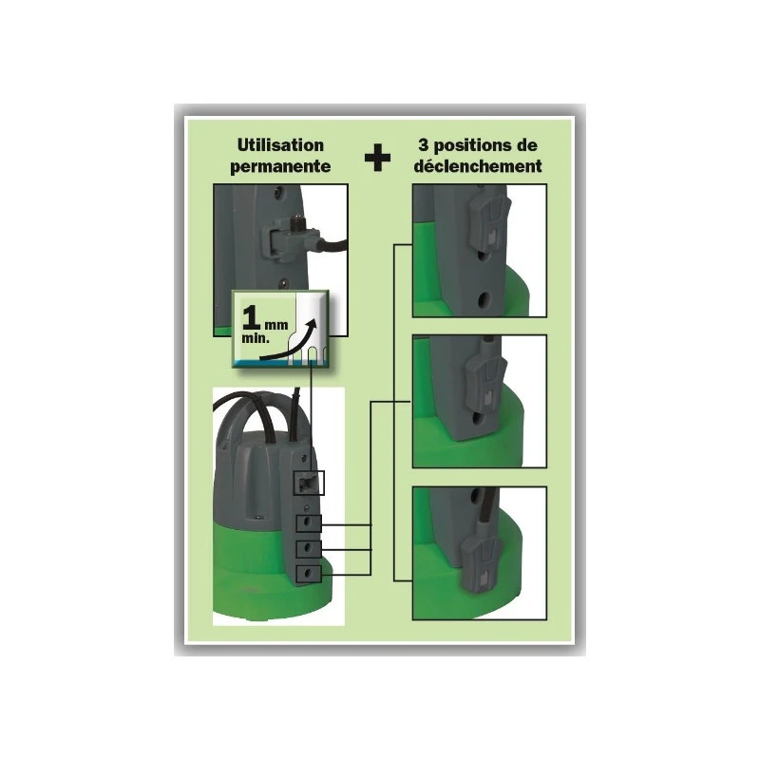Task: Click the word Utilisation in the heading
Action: tap(280, 145)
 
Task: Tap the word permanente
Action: tap(280, 166)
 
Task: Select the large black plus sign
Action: tap(377, 157)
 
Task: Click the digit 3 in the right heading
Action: tap(423, 145)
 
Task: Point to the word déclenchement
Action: tap(478, 166)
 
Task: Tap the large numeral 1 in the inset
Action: tap(252, 317)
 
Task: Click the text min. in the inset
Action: tap(255, 338)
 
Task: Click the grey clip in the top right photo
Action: tap(488, 224)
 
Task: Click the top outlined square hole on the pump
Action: tap(308, 524)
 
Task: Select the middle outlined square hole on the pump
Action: tap(308, 549)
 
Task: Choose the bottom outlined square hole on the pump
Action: tap(308, 574)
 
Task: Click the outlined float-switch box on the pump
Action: tap(309, 483)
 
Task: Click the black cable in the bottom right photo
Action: tap(487, 506)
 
